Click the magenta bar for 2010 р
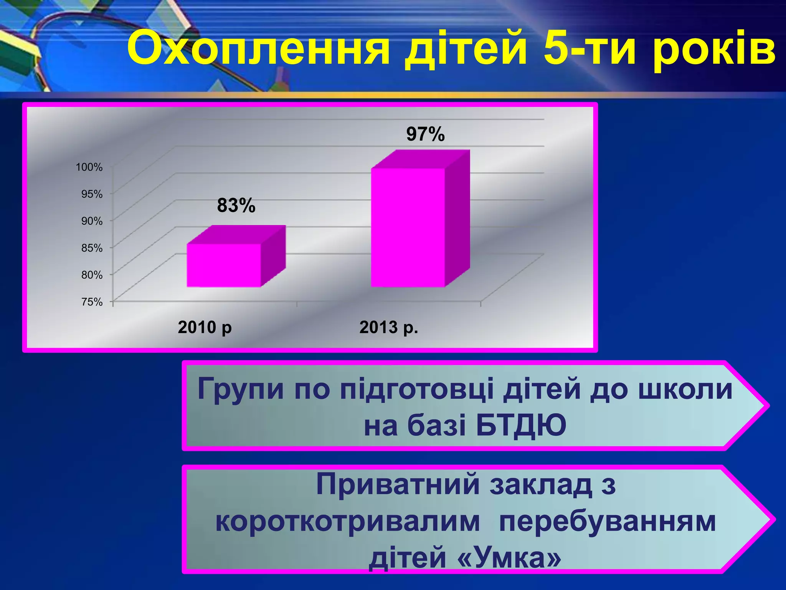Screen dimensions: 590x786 [x=224, y=265]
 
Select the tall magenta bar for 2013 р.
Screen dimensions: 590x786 [x=408, y=227]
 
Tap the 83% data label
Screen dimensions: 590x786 [x=236, y=206]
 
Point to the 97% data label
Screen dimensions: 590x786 [x=425, y=134]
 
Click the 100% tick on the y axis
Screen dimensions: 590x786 [x=89, y=167]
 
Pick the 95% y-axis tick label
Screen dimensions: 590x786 [x=92, y=194]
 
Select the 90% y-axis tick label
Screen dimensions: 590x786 [x=92, y=221]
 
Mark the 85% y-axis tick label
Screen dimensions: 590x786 [x=92, y=248]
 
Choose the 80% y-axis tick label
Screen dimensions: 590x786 [x=92, y=275]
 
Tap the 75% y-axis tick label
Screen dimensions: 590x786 [x=92, y=302]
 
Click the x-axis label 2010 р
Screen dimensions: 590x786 [x=205, y=328]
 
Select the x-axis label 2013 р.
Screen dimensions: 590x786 [x=388, y=328]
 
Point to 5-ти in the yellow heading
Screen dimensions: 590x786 [x=589, y=49]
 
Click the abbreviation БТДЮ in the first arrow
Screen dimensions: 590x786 [x=521, y=426]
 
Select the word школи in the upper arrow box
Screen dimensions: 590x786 [x=685, y=389]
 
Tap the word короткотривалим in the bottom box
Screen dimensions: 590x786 [x=347, y=521]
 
